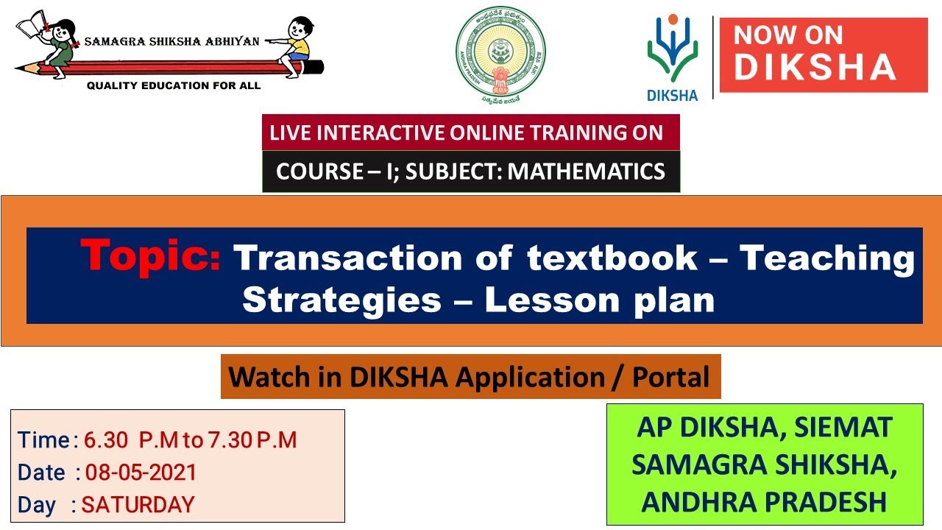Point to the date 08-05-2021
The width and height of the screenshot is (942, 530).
141,472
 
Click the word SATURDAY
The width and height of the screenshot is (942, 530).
138,504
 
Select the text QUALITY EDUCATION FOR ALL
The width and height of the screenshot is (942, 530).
174,85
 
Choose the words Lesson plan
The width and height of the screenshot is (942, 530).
599,300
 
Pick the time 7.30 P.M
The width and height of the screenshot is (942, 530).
251,439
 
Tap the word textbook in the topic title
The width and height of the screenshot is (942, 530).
612,258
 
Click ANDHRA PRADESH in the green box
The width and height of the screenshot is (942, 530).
764,501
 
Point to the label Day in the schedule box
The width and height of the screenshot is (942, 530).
37,505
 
